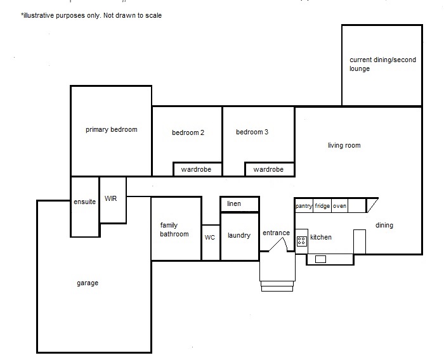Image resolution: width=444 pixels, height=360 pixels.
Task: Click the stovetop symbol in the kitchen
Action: [301, 241]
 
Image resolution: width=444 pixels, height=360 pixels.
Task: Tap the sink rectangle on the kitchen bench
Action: [320, 259]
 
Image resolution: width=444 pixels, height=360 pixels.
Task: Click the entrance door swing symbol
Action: [278, 245]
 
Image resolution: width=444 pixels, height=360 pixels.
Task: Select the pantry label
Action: [304, 206]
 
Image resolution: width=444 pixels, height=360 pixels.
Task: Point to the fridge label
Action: [322, 206]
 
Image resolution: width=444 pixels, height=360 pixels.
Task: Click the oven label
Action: [339, 206]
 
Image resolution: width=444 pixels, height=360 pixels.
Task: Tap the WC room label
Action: [210, 238]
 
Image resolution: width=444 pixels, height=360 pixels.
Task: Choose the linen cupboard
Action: [240, 204]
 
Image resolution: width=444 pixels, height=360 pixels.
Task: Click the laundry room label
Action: [239, 236]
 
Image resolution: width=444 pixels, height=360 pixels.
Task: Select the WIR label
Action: [110, 198]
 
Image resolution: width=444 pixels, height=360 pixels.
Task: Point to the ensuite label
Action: [84, 202]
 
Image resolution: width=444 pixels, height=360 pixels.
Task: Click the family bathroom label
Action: [174, 229]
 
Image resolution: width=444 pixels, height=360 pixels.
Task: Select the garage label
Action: [88, 283]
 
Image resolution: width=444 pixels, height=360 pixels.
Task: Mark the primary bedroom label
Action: [111, 130]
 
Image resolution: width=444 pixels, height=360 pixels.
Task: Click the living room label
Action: [344, 146]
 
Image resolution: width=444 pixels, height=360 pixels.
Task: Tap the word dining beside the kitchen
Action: [384, 226]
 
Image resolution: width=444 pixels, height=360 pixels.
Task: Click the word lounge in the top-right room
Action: [360, 69]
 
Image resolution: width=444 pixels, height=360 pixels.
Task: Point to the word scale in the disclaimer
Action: [153, 15]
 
